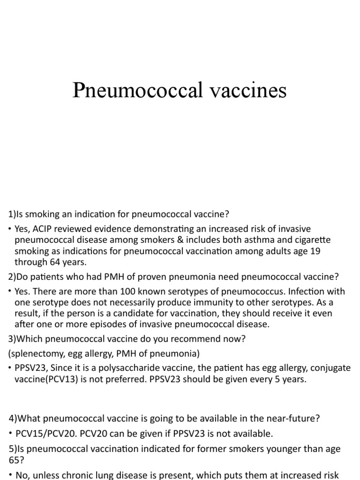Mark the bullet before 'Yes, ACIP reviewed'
10,229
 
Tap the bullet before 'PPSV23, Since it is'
10,368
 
